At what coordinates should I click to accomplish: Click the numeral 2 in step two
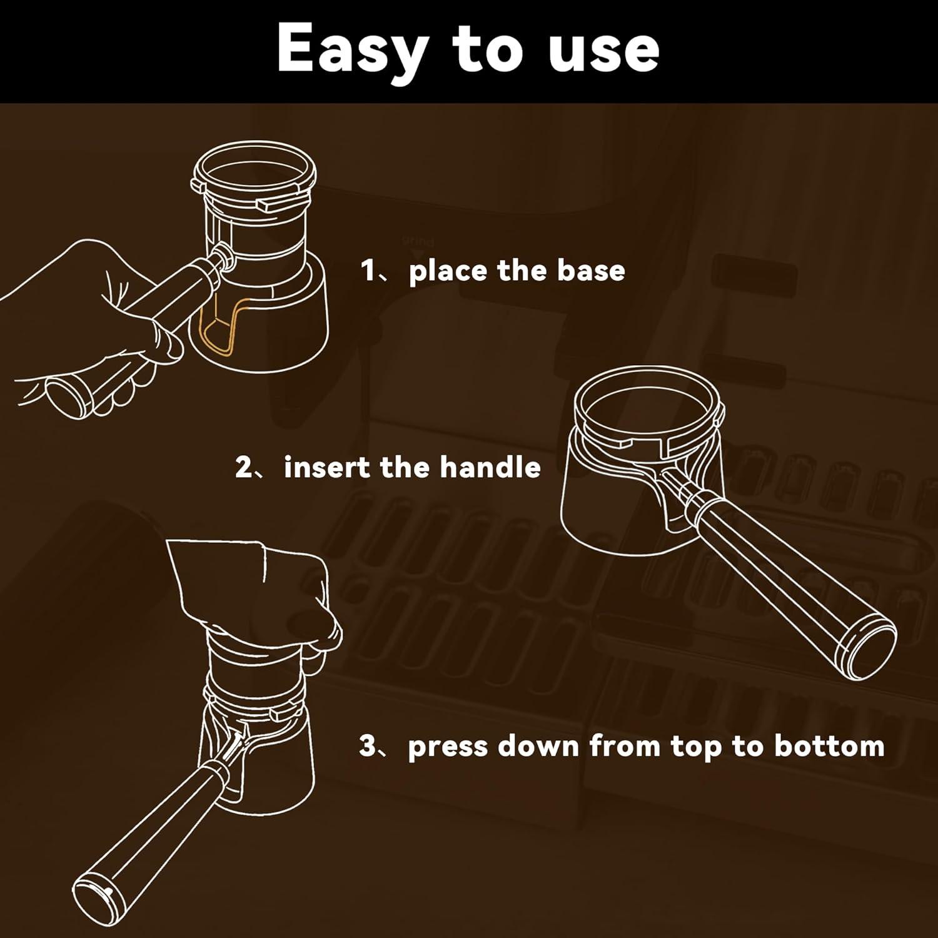click(x=244, y=467)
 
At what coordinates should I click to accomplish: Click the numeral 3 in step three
click(x=368, y=746)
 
